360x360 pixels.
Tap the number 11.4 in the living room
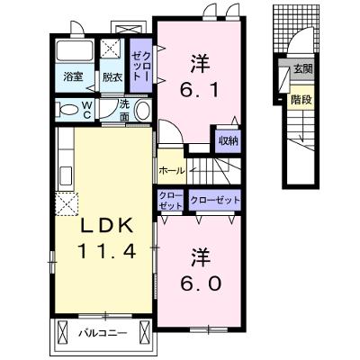[x=107, y=251]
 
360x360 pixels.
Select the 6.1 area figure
[x=200, y=89]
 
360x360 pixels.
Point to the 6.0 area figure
[x=201, y=283]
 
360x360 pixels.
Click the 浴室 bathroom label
[x=73, y=76]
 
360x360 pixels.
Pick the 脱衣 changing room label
[x=112, y=77]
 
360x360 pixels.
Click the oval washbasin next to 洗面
[x=143, y=110]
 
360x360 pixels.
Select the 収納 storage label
[x=229, y=140]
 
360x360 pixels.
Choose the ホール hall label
[x=171, y=171]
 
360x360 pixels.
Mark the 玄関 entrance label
[x=303, y=69]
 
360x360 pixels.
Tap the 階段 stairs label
[x=301, y=100]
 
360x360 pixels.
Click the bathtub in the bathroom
[x=75, y=51]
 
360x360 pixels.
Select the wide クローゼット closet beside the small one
[x=215, y=200]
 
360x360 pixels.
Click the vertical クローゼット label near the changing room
[x=141, y=66]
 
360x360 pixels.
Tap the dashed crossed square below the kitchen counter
[x=67, y=203]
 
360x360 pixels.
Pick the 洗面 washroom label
[x=124, y=111]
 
